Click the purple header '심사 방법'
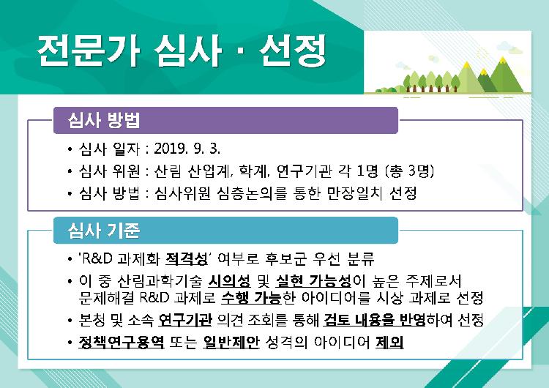104,121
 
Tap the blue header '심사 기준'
104,231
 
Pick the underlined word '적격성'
186,258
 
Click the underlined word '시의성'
229,280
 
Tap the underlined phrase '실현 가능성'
313,280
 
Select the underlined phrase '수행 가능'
251,298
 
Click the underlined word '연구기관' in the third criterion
185,320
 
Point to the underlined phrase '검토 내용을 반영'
374,320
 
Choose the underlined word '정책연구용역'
121,342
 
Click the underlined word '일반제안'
231,342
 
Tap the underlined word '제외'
389,342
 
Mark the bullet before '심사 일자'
70,149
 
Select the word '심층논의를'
252,193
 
